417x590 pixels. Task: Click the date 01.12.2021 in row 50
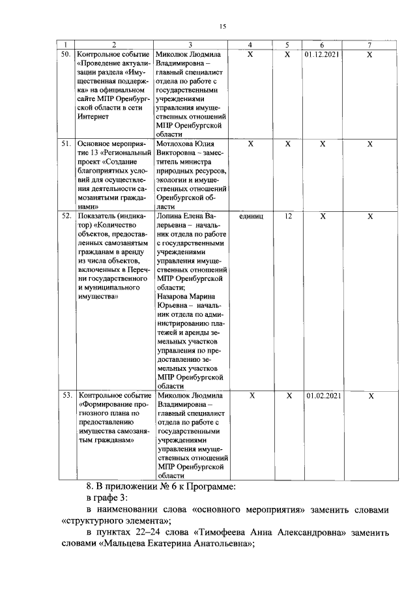tap(323, 55)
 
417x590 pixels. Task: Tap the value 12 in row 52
tap(287, 215)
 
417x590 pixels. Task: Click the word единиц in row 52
tap(251, 215)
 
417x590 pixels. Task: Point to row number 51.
tap(66, 143)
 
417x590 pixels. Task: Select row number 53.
tap(66, 395)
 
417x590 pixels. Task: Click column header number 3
tap(190, 45)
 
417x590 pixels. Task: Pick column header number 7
tap(369, 45)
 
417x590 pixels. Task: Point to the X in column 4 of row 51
tap(251, 143)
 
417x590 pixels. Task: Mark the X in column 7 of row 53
tap(369, 396)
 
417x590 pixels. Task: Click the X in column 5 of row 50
tap(287, 55)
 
